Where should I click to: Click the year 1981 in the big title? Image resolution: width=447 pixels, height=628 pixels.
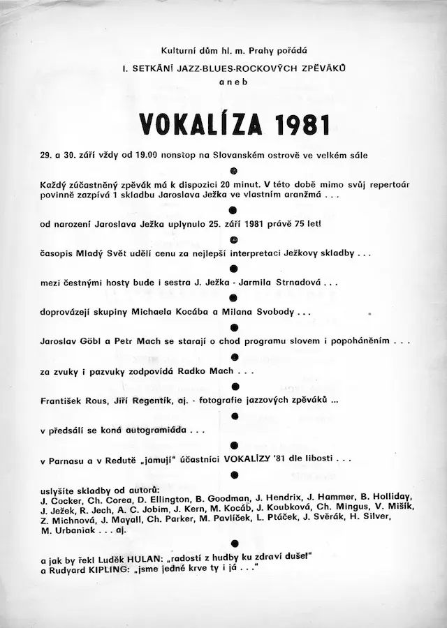[x=301, y=124]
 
